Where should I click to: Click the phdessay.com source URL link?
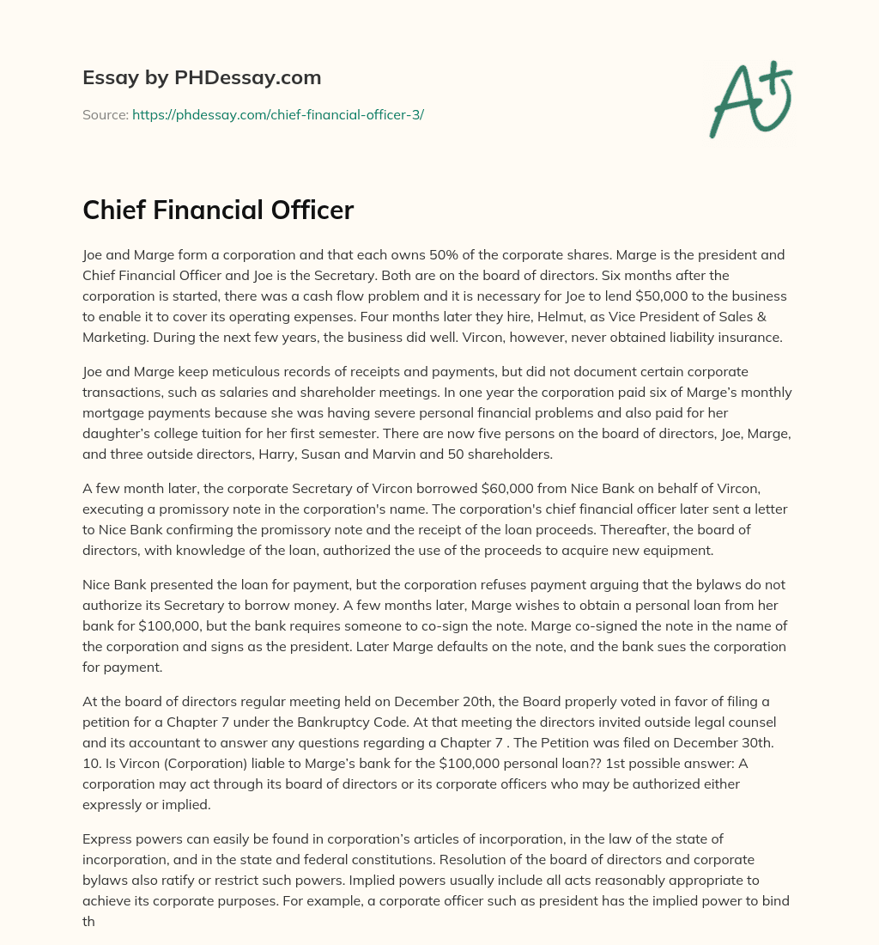point(278,114)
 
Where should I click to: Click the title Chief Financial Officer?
point(218,210)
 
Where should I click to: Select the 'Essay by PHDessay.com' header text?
point(202,77)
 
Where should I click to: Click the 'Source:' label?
point(105,114)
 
